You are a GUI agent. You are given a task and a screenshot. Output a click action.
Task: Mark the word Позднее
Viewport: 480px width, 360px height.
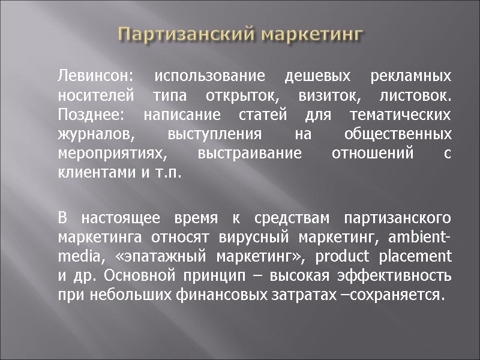(85, 115)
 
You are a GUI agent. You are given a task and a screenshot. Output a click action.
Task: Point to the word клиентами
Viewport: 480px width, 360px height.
(88, 172)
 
